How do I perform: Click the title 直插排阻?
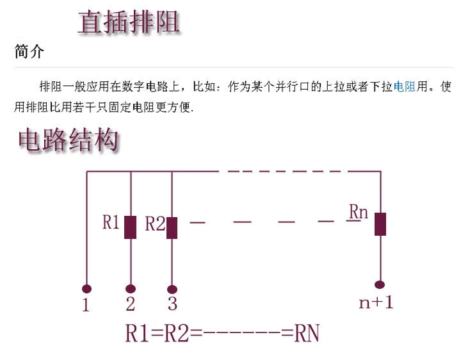point(128,21)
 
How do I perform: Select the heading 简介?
point(29,52)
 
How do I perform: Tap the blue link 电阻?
point(405,86)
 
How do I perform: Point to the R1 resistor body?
point(131,227)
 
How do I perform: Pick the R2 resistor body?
point(172,227)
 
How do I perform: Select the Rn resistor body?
point(380,224)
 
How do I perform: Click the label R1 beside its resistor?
point(111,222)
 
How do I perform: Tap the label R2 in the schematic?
point(154,224)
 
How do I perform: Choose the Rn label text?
point(359,211)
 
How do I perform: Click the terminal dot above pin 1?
point(86,289)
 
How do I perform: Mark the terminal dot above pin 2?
point(131,289)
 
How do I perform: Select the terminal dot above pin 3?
point(172,289)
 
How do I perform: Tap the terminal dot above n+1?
point(380,284)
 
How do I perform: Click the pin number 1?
point(86,306)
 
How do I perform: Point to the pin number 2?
point(131,304)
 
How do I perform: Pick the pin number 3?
point(172,302)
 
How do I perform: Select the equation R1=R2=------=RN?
point(222,334)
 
